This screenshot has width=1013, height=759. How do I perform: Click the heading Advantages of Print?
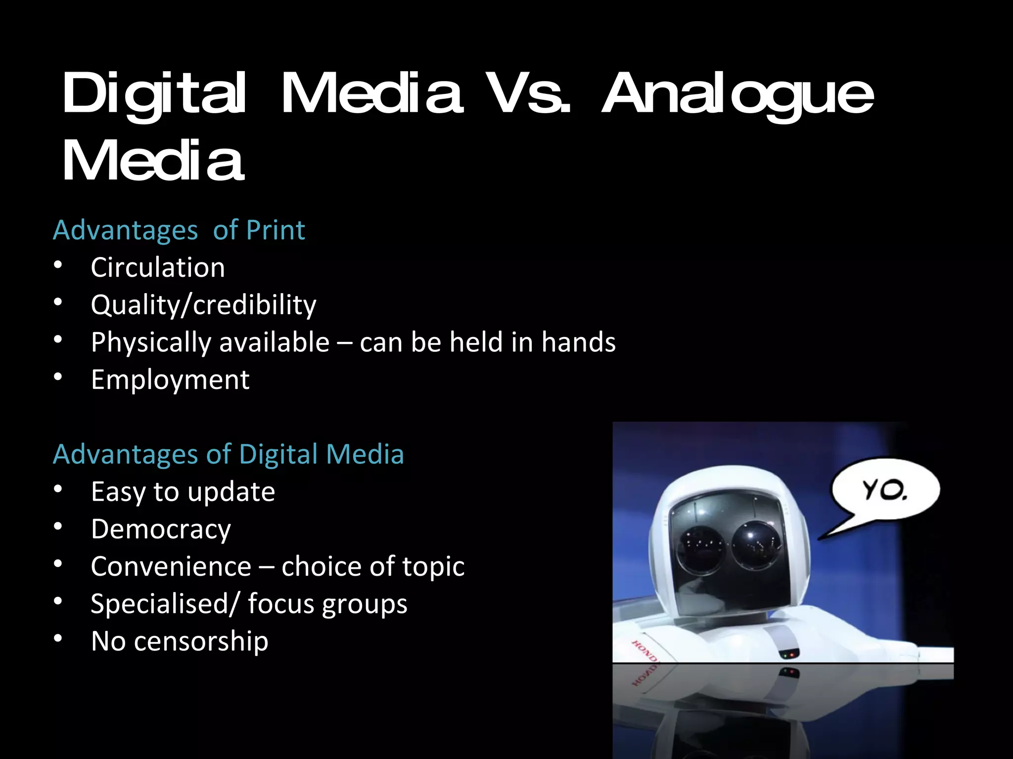pyautogui.click(x=179, y=230)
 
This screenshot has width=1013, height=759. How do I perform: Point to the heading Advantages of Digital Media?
pyautogui.click(x=228, y=454)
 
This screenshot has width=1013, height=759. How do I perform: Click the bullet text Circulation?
pyautogui.click(x=158, y=268)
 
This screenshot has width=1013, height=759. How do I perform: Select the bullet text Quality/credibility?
pyautogui.click(x=203, y=305)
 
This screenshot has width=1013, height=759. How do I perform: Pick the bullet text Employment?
pyautogui.click(x=170, y=380)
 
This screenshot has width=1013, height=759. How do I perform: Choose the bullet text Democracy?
pyautogui.click(x=161, y=529)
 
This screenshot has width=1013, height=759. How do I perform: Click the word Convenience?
pyautogui.click(x=171, y=566)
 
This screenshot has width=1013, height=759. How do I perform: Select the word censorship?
pyautogui.click(x=201, y=641)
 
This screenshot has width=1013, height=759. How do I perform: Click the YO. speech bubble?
pyautogui.click(x=885, y=490)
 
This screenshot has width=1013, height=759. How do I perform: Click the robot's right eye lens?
pyautogui.click(x=757, y=544)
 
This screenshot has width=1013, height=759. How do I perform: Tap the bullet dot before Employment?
pyautogui.click(x=58, y=378)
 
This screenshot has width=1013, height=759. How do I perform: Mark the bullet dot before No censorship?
pyautogui.click(x=58, y=639)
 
